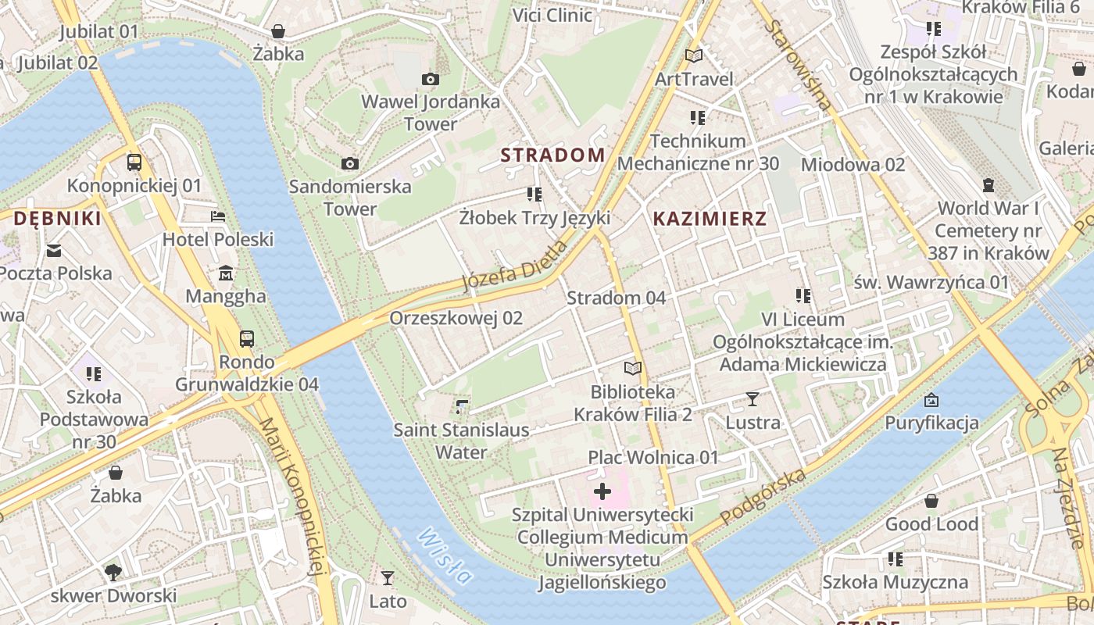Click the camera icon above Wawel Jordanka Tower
(430, 79)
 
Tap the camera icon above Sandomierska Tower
(350, 163)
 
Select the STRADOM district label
(552, 155)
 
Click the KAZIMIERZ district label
(710, 219)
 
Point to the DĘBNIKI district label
(58, 219)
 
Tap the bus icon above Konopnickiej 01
(134, 162)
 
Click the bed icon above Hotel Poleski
(218, 216)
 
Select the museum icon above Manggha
(226, 273)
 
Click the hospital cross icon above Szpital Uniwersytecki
(602, 491)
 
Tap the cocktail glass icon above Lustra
(753, 399)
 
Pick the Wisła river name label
(445, 556)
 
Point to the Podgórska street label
(763, 497)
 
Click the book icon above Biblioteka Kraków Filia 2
(633, 368)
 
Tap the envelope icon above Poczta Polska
(55, 251)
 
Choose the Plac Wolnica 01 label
(652, 457)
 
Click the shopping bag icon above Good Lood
(931, 501)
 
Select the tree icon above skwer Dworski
(113, 572)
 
